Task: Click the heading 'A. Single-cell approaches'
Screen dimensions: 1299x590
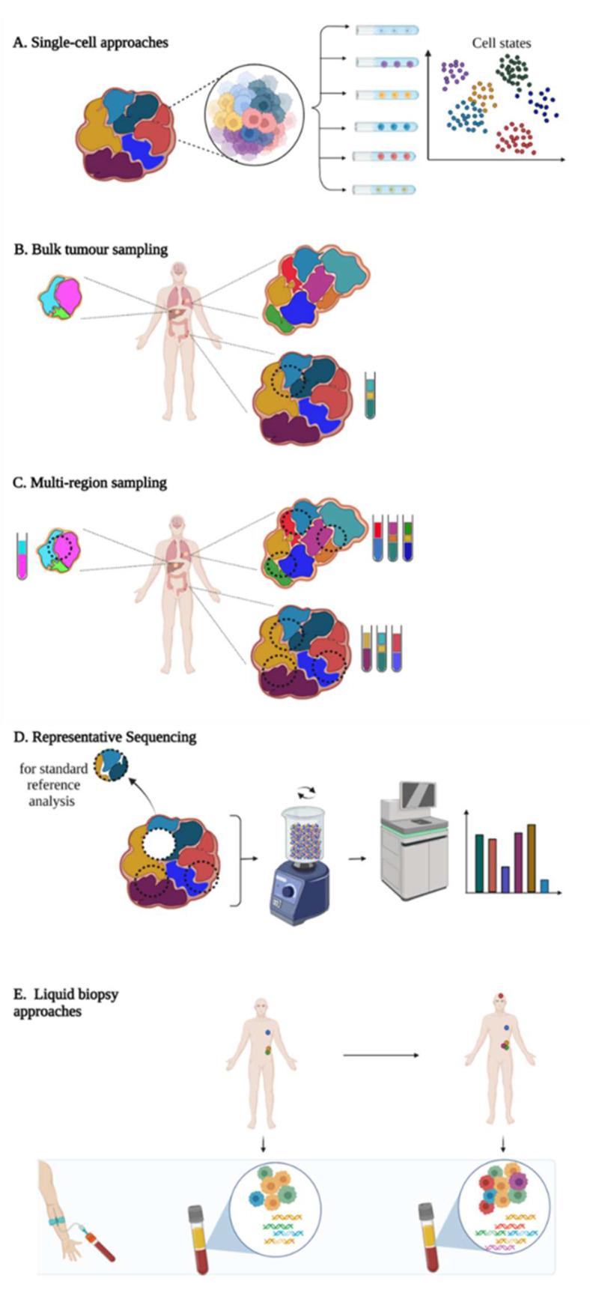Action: click(91, 43)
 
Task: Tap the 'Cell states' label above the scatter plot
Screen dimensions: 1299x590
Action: click(501, 43)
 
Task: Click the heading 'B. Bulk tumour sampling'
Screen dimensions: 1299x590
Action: click(91, 249)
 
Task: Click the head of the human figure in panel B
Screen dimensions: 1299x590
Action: click(179, 271)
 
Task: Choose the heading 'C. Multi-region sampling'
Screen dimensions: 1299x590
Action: click(90, 483)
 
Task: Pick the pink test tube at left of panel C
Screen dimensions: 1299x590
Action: click(22, 556)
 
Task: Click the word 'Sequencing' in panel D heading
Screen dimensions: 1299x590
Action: click(159, 737)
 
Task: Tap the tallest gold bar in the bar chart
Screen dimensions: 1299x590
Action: click(532, 859)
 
